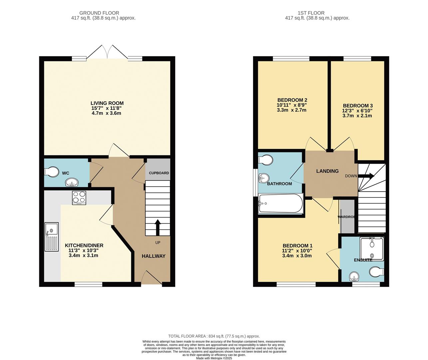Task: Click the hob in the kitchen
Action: coord(79,197)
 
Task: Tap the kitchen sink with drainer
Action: coord(52,237)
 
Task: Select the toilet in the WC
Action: coord(51,172)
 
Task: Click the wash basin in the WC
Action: coord(72,182)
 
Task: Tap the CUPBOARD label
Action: coord(159,173)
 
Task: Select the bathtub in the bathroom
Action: coord(280,204)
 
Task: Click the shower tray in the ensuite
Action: coord(372,248)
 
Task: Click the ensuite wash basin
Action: coord(354,276)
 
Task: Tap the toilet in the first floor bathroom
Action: coord(266,160)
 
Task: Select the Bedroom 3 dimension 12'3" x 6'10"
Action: coord(357,111)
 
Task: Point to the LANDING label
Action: coord(327,171)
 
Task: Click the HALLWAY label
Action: coord(154,256)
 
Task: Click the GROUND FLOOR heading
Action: coord(104,13)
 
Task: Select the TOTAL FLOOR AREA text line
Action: coord(214,336)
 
